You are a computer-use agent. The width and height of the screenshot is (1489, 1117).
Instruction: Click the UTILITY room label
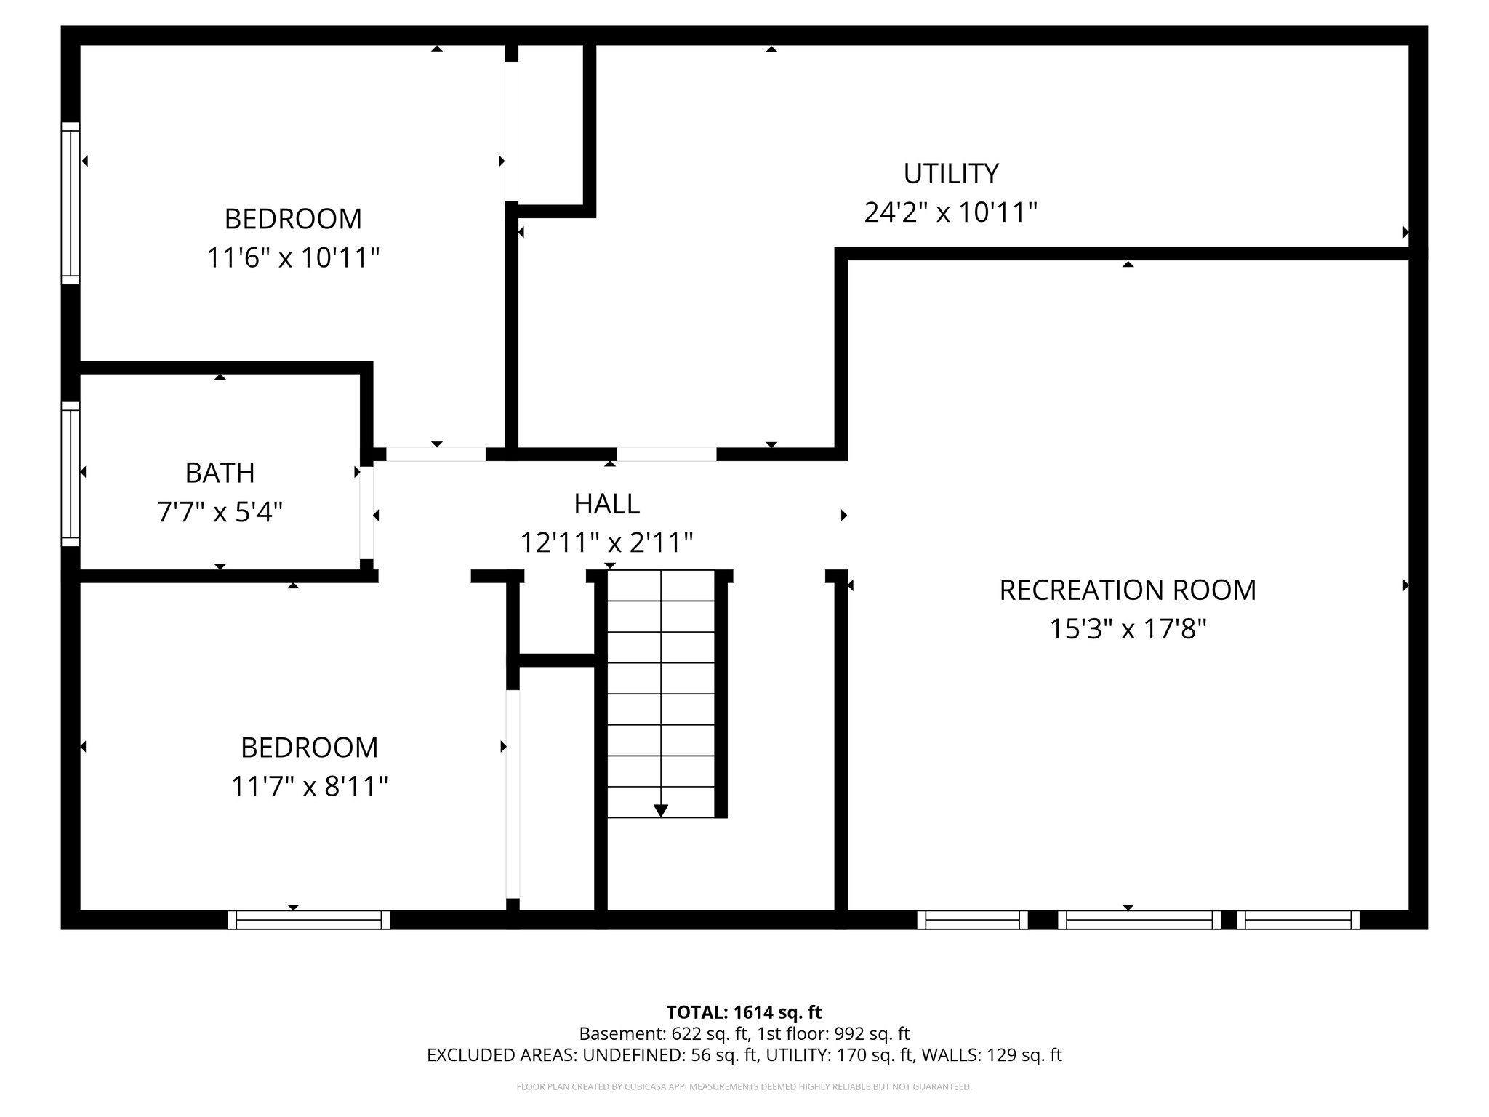950,174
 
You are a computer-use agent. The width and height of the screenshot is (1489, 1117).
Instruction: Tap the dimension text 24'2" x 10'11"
950,213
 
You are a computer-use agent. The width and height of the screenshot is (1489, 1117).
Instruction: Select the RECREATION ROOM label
1127,590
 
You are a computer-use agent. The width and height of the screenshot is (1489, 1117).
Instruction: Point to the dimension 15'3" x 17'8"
1127,629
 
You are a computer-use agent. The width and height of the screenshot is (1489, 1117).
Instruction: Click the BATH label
220,473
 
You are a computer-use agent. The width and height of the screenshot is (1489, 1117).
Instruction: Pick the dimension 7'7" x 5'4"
220,513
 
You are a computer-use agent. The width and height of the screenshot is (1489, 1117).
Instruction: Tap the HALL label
606,504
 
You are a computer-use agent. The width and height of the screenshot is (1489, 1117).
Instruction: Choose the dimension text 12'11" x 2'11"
606,543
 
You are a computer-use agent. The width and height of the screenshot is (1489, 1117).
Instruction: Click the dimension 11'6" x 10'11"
293,258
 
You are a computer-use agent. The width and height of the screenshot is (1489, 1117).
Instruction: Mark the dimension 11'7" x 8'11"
309,787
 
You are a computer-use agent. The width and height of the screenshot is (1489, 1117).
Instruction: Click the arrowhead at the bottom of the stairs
661,810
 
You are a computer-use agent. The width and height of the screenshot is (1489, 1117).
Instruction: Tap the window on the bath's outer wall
71,473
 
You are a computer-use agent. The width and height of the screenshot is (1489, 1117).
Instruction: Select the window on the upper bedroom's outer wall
71,203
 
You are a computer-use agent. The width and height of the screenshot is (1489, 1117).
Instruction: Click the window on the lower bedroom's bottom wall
309,920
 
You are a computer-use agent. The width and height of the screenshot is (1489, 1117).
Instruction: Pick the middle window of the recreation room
1139,920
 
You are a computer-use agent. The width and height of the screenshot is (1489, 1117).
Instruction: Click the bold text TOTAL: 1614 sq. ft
744,1012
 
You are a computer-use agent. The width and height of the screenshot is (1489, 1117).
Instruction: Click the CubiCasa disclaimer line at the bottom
744,1087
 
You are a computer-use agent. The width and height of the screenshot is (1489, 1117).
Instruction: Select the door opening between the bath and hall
367,513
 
